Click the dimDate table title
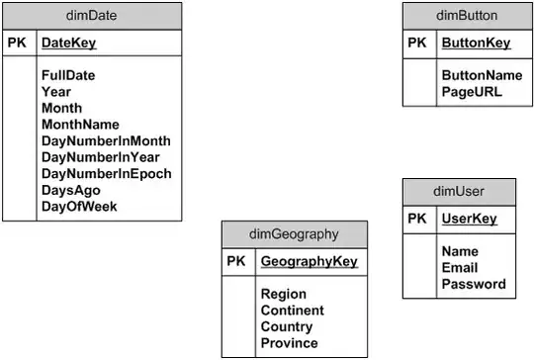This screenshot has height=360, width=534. pos(92,16)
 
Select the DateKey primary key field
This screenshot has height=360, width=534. pos(69,44)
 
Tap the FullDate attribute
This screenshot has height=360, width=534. pos(75,74)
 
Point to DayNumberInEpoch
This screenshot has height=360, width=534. pos(107,173)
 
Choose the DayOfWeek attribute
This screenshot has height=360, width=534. pos(79,207)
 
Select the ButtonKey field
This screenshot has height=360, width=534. pos(476,44)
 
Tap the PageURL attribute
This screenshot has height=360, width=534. pos(472,92)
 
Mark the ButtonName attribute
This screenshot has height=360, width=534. pos(482,75)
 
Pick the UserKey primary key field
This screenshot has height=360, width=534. pos(469,220)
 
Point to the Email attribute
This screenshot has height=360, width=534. pos(460,268)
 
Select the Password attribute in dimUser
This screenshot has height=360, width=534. pos(474,285)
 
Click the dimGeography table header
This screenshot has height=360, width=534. pos(294,235)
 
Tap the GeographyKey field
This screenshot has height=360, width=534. pos(309,262)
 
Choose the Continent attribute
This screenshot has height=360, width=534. pos(293,311)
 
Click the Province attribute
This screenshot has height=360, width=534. pos(289,343)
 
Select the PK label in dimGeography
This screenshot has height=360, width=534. pos(235,262)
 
